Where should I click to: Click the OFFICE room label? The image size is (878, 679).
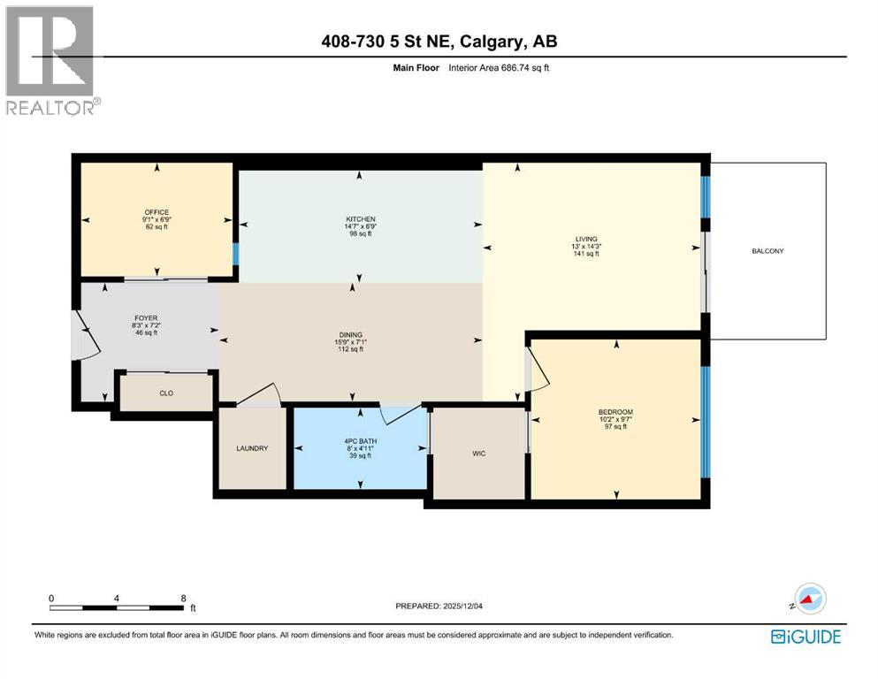(x=157, y=212)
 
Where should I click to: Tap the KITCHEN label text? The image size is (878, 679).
(x=360, y=219)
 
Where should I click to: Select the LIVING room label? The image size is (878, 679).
(x=585, y=239)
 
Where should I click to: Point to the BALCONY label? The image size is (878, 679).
(x=767, y=251)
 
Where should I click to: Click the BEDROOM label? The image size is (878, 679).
(x=615, y=412)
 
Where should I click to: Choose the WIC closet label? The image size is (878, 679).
(x=478, y=454)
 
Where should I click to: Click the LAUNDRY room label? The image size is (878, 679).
(x=252, y=449)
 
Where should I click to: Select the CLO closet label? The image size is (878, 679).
(x=165, y=393)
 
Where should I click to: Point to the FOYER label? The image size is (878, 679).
(x=145, y=317)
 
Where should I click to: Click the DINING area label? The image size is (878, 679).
(x=352, y=335)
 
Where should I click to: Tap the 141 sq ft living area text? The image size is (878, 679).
(x=585, y=254)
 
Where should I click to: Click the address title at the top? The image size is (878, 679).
(x=439, y=41)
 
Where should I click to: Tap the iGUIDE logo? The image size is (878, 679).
(x=805, y=637)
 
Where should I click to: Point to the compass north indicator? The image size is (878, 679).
(x=808, y=600)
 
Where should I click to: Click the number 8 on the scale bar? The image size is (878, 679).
(x=183, y=599)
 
